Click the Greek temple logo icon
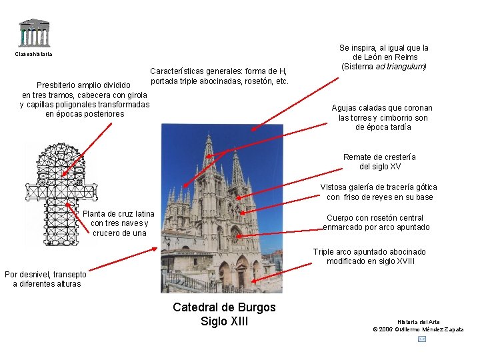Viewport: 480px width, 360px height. (x=33, y=32)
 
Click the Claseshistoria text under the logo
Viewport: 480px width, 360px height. (x=33, y=54)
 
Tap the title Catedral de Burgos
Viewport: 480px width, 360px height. (x=224, y=307)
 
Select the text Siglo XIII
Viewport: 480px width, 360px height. (x=224, y=322)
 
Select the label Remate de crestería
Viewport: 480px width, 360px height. (x=379, y=157)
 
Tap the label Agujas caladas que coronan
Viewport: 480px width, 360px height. (x=382, y=108)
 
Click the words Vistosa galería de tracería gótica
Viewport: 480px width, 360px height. (x=379, y=187)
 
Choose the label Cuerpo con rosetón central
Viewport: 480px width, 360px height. (x=375, y=218)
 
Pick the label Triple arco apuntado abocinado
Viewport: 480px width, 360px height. (x=369, y=252)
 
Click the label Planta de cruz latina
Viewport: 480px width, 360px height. (x=119, y=213)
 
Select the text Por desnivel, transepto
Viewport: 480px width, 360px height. (x=45, y=274)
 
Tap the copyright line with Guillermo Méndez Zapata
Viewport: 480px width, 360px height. (x=418, y=329)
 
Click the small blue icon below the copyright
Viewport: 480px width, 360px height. (x=422, y=339)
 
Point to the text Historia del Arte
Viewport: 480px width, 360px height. (x=418, y=322)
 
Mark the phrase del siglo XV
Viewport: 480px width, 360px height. (x=379, y=167)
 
